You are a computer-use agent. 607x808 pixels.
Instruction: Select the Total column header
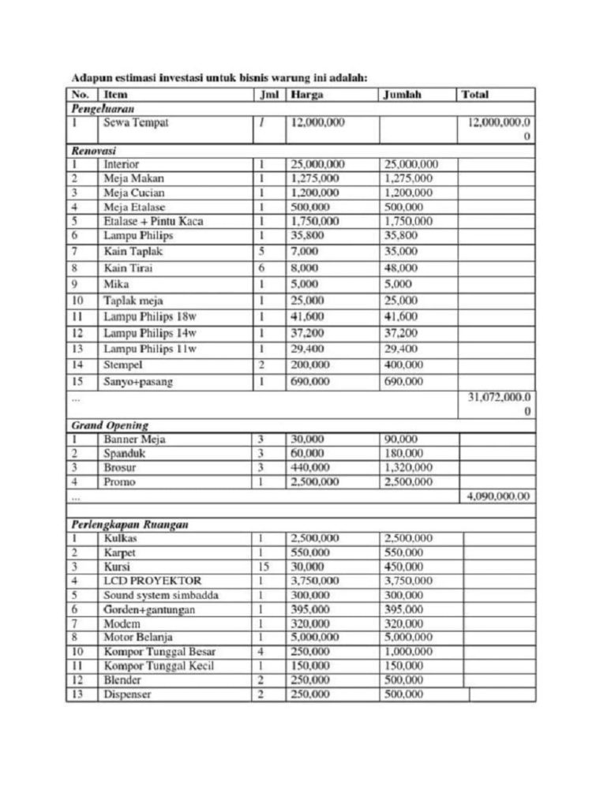point(474,95)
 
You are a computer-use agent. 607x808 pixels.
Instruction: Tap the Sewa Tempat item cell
point(136,123)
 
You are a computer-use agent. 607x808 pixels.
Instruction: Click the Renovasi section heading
point(94,149)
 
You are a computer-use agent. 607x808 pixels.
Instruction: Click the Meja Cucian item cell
point(134,193)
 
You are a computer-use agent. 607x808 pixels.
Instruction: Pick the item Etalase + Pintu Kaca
point(153,222)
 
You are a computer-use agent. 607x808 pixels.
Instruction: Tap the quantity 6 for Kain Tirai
point(260,268)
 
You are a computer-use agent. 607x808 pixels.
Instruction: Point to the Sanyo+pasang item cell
point(138,382)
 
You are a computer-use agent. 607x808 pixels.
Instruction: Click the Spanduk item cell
point(125,454)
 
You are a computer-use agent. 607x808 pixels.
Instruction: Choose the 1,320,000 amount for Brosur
point(408,468)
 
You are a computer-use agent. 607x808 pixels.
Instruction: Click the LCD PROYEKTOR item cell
point(152,581)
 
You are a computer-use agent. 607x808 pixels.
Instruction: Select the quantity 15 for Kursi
point(263,567)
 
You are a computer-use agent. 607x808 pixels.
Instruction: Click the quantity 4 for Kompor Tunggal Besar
point(260,652)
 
